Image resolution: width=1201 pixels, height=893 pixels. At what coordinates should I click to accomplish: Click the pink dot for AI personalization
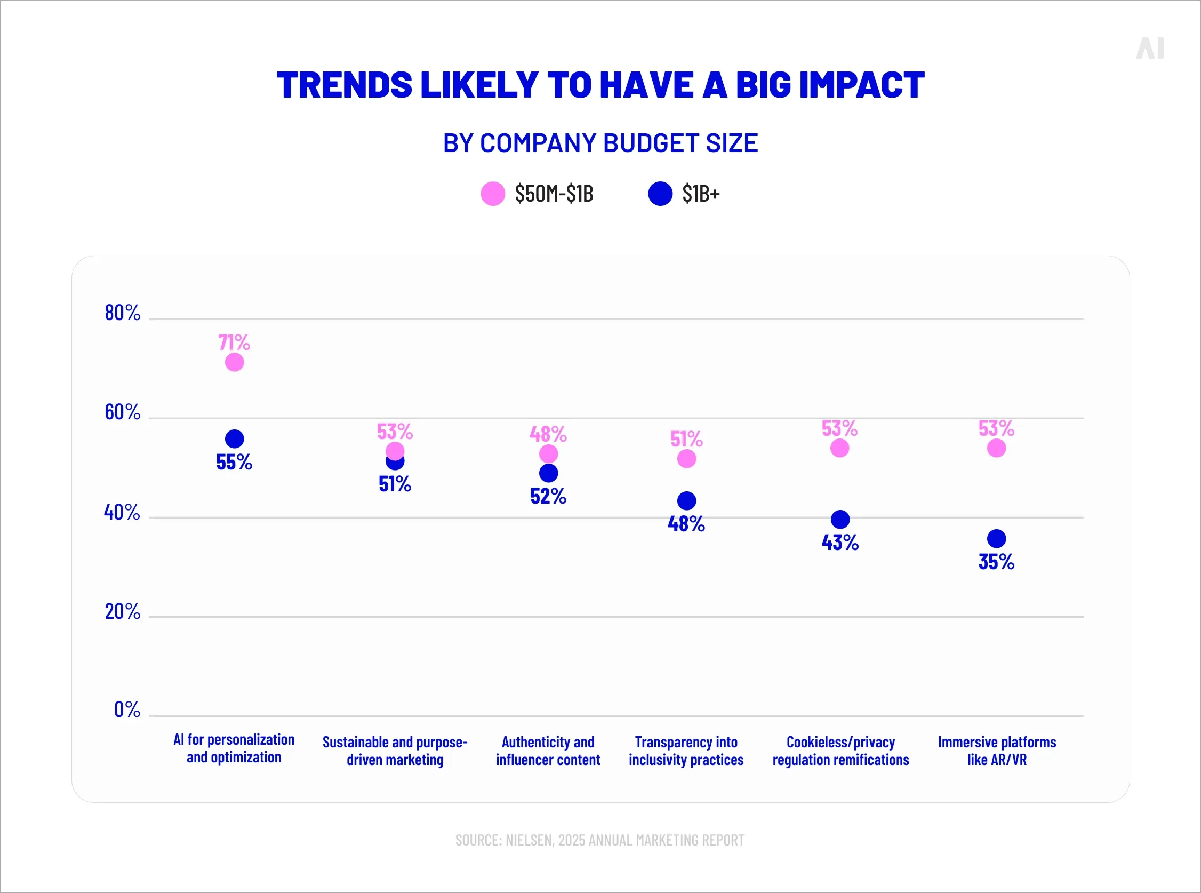point(234,362)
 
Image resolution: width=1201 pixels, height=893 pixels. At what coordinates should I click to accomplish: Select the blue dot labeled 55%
point(234,438)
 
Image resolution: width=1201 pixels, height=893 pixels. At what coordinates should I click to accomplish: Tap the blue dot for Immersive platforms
point(996,538)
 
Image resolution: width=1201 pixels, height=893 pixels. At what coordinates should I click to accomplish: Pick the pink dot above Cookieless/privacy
point(839,448)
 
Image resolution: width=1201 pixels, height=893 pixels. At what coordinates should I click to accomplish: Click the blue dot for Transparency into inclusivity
point(686,500)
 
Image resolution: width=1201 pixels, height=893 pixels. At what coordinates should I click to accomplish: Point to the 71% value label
point(234,342)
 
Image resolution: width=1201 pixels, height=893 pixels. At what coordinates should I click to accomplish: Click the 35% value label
point(996,562)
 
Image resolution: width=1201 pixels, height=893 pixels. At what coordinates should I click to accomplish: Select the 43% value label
point(839,542)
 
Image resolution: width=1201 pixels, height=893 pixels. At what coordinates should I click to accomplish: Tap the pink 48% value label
point(548,434)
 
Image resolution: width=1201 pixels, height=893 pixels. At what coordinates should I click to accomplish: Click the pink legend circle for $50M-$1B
point(493,194)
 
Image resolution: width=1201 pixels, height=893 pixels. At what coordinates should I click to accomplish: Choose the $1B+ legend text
point(701,194)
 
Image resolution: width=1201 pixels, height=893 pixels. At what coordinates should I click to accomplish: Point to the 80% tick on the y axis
point(122,313)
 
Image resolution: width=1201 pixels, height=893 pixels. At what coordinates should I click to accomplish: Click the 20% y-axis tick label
point(122,611)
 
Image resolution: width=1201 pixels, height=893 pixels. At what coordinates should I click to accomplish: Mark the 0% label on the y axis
point(127,709)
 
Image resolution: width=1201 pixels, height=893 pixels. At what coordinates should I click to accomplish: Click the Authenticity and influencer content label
point(548,750)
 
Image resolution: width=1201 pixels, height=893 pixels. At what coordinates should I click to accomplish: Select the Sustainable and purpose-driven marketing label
point(395,750)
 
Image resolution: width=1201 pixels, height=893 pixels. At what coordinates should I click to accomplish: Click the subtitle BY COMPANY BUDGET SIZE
point(600,143)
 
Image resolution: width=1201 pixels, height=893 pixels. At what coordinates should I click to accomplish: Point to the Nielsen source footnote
point(599,840)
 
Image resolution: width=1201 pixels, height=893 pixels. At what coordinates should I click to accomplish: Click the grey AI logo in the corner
point(1150,49)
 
